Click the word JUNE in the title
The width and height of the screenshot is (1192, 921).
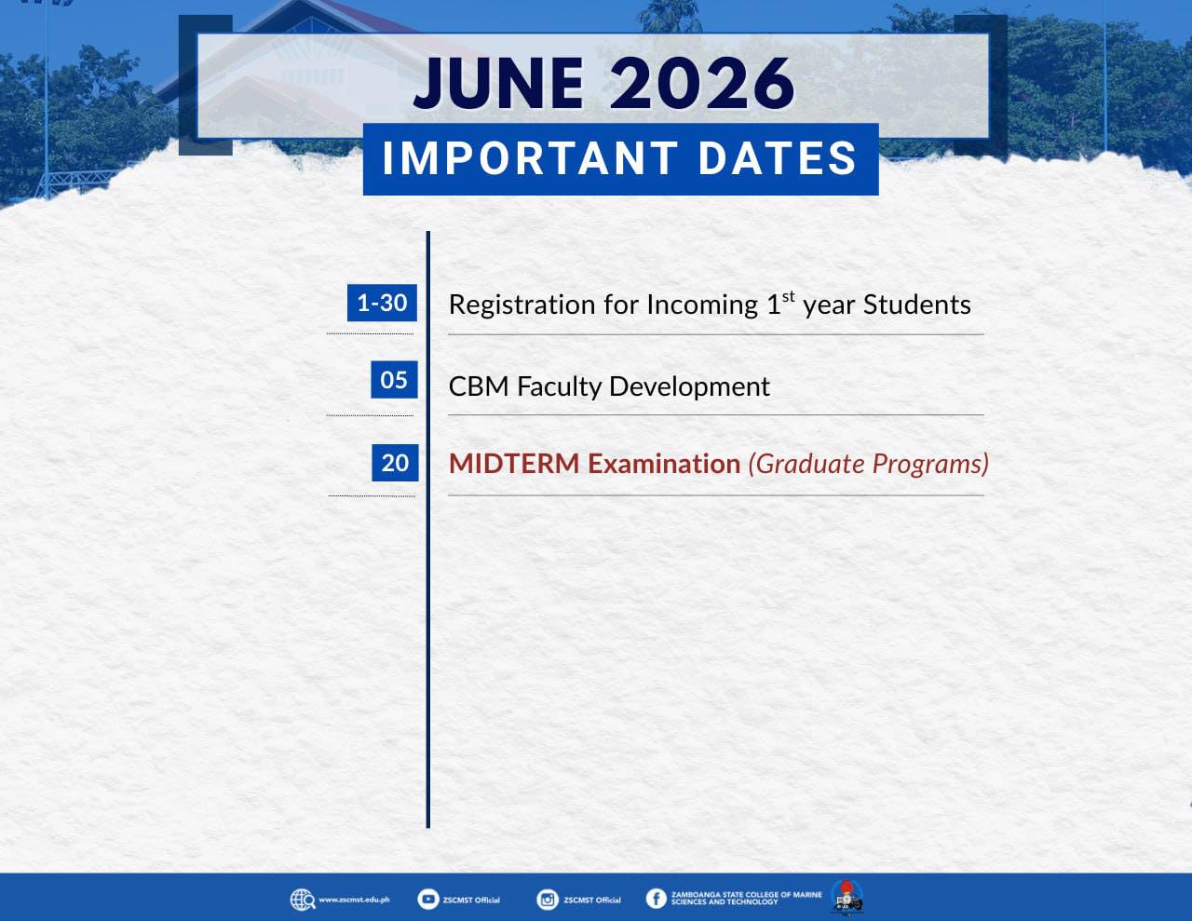[498, 84]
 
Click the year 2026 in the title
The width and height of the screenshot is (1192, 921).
[702, 84]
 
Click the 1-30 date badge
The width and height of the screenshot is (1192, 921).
[382, 303]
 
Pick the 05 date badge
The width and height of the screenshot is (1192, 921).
[394, 380]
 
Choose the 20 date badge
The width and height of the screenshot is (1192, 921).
[395, 463]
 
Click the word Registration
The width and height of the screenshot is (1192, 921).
[521, 305]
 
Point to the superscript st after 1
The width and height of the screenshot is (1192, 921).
[788, 297]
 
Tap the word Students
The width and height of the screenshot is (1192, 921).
[916, 305]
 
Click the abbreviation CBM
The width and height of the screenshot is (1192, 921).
[479, 386]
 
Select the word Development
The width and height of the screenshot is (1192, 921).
[689, 387]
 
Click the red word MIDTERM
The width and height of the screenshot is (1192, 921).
[514, 464]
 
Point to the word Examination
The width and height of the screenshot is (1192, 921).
[664, 464]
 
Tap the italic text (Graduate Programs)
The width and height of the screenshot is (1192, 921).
[869, 464]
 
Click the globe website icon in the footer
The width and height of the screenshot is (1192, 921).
[303, 900]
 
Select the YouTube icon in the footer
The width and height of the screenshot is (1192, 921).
[427, 899]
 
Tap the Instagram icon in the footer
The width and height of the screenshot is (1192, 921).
[547, 900]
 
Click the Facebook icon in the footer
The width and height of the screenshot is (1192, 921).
[656, 899]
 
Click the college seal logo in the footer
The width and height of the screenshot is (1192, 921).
[847, 898]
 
